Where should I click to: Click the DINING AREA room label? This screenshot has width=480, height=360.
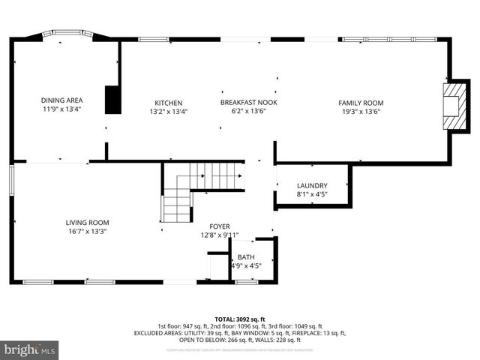(61, 100)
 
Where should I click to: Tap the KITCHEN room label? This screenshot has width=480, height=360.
(168, 103)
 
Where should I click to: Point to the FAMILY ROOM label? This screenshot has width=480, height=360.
(360, 103)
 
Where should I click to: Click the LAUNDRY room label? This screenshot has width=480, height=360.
(311, 185)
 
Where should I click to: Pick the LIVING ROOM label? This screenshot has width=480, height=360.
(88, 222)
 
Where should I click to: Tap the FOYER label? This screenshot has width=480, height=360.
(220, 226)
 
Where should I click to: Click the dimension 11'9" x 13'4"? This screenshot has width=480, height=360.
(61, 109)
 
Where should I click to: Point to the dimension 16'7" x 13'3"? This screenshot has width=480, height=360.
(88, 231)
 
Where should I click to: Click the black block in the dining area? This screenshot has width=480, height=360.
(113, 100)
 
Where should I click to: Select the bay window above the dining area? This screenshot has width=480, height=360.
(64, 34)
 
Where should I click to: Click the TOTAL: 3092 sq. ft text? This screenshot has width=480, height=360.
(240, 319)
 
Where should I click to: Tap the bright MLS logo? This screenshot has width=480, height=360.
(30, 349)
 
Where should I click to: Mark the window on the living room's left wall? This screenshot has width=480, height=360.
(12, 180)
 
